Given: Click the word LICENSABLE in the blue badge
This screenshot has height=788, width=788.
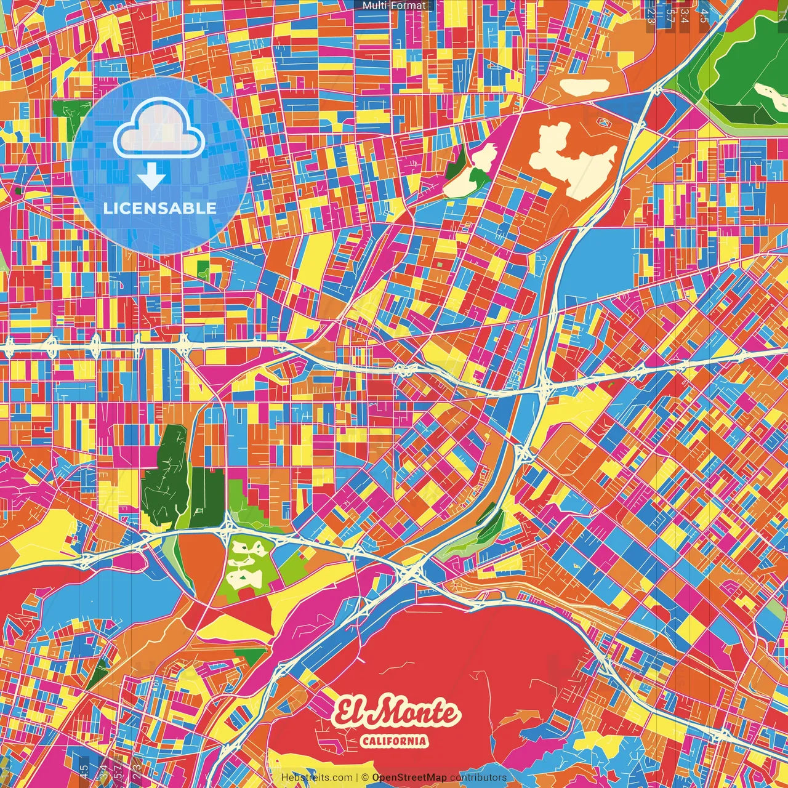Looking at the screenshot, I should [x=160, y=208].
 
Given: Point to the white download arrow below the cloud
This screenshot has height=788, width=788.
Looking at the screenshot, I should [x=151, y=177].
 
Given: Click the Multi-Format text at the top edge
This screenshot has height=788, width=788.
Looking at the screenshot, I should [x=394, y=6].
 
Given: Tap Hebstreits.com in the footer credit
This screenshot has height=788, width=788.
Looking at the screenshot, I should [x=316, y=778].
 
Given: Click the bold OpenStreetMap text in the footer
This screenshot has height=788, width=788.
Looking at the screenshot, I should [x=409, y=778].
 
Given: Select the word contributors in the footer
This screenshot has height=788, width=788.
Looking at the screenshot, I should [x=478, y=778].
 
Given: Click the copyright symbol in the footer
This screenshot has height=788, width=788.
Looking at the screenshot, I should [x=365, y=778].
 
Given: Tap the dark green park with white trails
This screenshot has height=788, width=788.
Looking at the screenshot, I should [x=165, y=477].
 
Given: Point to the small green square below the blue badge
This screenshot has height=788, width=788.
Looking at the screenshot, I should [x=203, y=269].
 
